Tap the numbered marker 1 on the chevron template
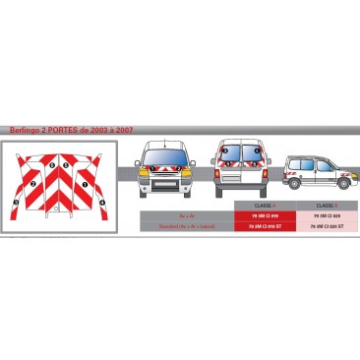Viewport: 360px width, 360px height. [x=85, y=184]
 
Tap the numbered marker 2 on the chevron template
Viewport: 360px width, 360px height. [x=34, y=184]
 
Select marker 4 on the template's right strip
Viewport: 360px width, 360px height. [x=100, y=204]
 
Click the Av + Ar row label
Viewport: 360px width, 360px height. [x=186, y=214]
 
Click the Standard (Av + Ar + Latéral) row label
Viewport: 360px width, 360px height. [x=186, y=226]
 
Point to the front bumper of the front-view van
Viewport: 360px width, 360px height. [x=164, y=182]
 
